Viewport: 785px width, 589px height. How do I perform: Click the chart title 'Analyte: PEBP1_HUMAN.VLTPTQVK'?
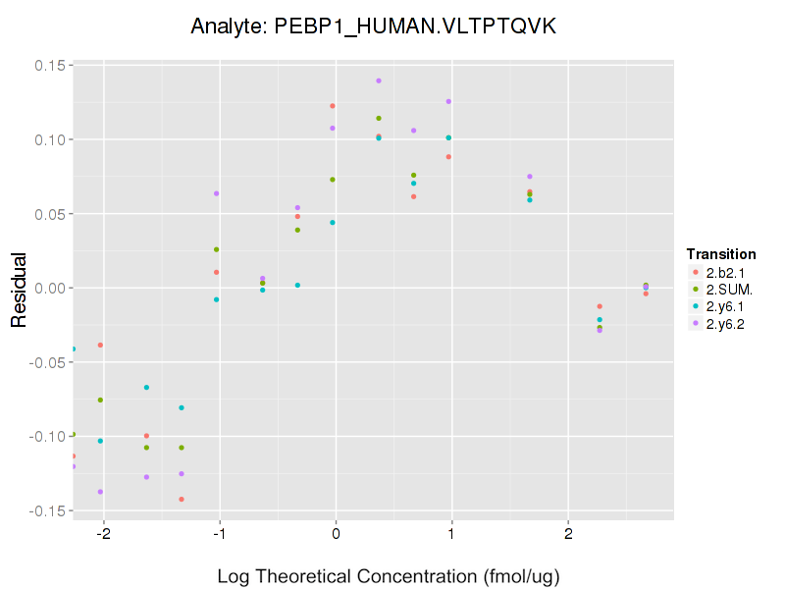374,27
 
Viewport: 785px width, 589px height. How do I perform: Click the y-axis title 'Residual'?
19,289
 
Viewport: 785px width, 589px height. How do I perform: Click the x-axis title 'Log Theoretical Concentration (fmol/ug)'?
388,575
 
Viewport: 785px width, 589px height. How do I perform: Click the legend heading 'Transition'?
721,254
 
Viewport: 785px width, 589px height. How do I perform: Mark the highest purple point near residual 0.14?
379,80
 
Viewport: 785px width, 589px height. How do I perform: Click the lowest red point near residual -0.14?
182,500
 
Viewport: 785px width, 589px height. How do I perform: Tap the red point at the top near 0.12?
333,106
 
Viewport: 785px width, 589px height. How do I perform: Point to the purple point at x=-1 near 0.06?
216,193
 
